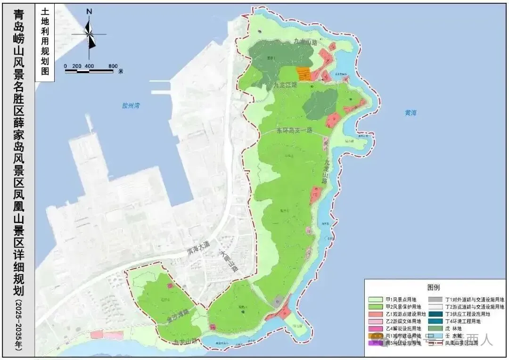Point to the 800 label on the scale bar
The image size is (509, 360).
coord(112,65)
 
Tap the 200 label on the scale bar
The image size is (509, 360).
coord(77,65)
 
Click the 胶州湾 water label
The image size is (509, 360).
coord(131,106)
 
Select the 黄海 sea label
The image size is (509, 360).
coord(410,113)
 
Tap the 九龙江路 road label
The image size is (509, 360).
coord(285,85)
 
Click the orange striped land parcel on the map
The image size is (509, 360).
coord(304,74)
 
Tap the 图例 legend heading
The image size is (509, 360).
coord(434,287)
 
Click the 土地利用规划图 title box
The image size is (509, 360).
coord(45,42)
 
